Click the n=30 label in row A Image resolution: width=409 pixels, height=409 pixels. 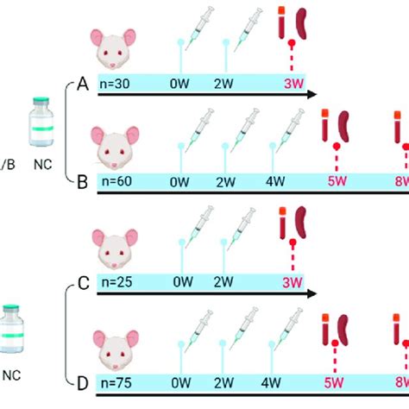point(114,85)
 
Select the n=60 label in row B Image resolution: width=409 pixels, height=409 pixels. point(115,182)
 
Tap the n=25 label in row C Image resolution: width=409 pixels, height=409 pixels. point(115,281)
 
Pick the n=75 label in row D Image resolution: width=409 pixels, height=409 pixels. point(115,378)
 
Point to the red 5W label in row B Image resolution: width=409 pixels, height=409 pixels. point(333,182)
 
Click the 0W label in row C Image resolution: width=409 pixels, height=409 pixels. point(182,281)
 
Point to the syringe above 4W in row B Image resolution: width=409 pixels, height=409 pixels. point(288,126)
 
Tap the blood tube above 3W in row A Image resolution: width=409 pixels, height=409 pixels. point(283,23)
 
